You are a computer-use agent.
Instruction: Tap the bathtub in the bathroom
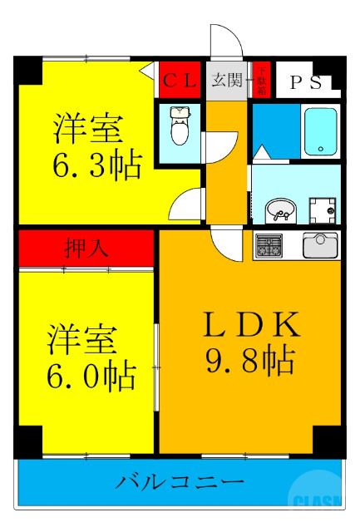pyautogui.click(x=321, y=130)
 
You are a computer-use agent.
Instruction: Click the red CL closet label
pyautogui.click(x=179, y=81)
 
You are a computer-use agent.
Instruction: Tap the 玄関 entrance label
pyautogui.click(x=226, y=81)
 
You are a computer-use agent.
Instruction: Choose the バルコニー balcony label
pyautogui.click(x=180, y=481)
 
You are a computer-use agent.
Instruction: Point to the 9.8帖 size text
pyautogui.click(x=250, y=361)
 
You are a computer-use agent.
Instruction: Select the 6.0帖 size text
pyautogui.click(x=91, y=376)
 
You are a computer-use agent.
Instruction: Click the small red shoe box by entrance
pyautogui.click(x=262, y=81)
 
